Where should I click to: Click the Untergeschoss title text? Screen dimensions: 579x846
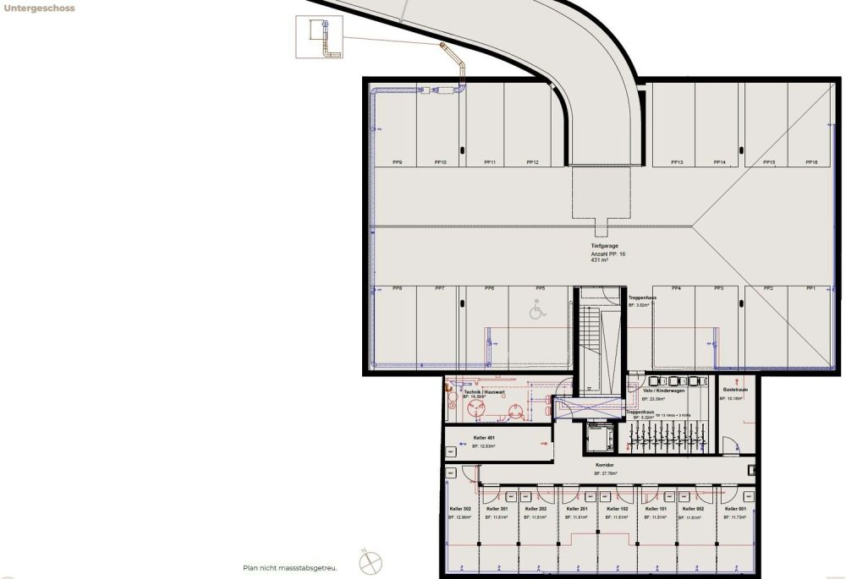tap(40, 8)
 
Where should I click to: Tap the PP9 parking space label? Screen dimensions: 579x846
tap(397, 162)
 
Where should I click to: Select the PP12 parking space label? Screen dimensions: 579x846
tap(531, 162)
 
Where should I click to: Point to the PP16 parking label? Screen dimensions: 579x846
tap(811, 162)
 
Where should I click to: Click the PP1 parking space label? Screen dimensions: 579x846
tap(810, 289)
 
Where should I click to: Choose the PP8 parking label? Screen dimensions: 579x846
tap(397, 289)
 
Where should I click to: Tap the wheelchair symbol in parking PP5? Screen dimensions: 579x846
tap(536, 312)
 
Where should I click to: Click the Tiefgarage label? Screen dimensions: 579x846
tap(605, 245)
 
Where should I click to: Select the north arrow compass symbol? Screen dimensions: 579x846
tap(371, 561)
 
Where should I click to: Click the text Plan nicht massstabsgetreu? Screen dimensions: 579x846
tap(289, 567)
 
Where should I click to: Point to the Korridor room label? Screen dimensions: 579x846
tap(605, 465)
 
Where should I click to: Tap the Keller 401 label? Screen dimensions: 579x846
tap(484, 438)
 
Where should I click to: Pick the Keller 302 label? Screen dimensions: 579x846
tap(460, 509)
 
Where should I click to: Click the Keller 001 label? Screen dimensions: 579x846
tap(735, 509)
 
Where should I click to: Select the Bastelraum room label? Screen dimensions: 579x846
tap(733, 390)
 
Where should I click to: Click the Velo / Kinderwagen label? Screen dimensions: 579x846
tap(663, 391)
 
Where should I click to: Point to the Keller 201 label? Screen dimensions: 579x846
tap(578, 509)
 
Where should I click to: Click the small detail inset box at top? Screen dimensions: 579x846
tap(320, 38)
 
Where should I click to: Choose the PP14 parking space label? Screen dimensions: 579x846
tap(719, 162)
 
